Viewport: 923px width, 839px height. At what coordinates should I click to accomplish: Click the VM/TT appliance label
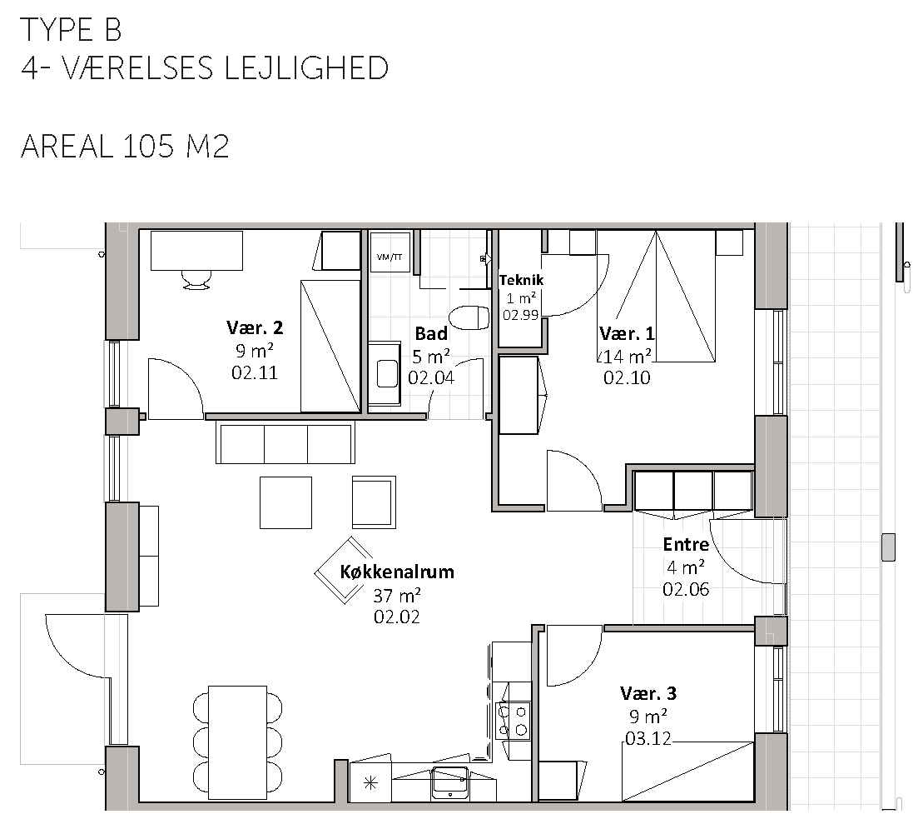390,257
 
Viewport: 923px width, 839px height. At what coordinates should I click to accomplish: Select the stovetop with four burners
513,721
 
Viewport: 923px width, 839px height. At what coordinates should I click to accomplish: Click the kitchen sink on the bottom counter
450,782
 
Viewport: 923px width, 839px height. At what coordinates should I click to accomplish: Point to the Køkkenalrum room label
397,572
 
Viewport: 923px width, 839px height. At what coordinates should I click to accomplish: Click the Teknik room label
522,280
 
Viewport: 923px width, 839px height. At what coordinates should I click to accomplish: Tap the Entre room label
686,544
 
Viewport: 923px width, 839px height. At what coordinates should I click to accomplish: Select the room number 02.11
255,373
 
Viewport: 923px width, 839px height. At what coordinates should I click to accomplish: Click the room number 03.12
648,739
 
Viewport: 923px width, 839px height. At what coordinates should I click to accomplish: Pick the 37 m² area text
397,596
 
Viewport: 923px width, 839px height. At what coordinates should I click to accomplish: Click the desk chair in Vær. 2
196,280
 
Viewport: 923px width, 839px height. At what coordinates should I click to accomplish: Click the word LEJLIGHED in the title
306,69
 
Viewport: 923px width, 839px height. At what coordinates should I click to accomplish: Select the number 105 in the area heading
149,146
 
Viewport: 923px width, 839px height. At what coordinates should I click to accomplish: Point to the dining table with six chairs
238,740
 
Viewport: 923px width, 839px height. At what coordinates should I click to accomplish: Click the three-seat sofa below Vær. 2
285,442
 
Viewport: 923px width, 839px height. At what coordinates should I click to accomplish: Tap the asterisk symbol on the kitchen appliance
370,784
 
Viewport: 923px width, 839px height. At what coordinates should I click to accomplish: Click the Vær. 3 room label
648,693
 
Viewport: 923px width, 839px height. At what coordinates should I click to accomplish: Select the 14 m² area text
628,357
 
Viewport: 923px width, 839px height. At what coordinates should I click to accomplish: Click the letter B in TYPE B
113,30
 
